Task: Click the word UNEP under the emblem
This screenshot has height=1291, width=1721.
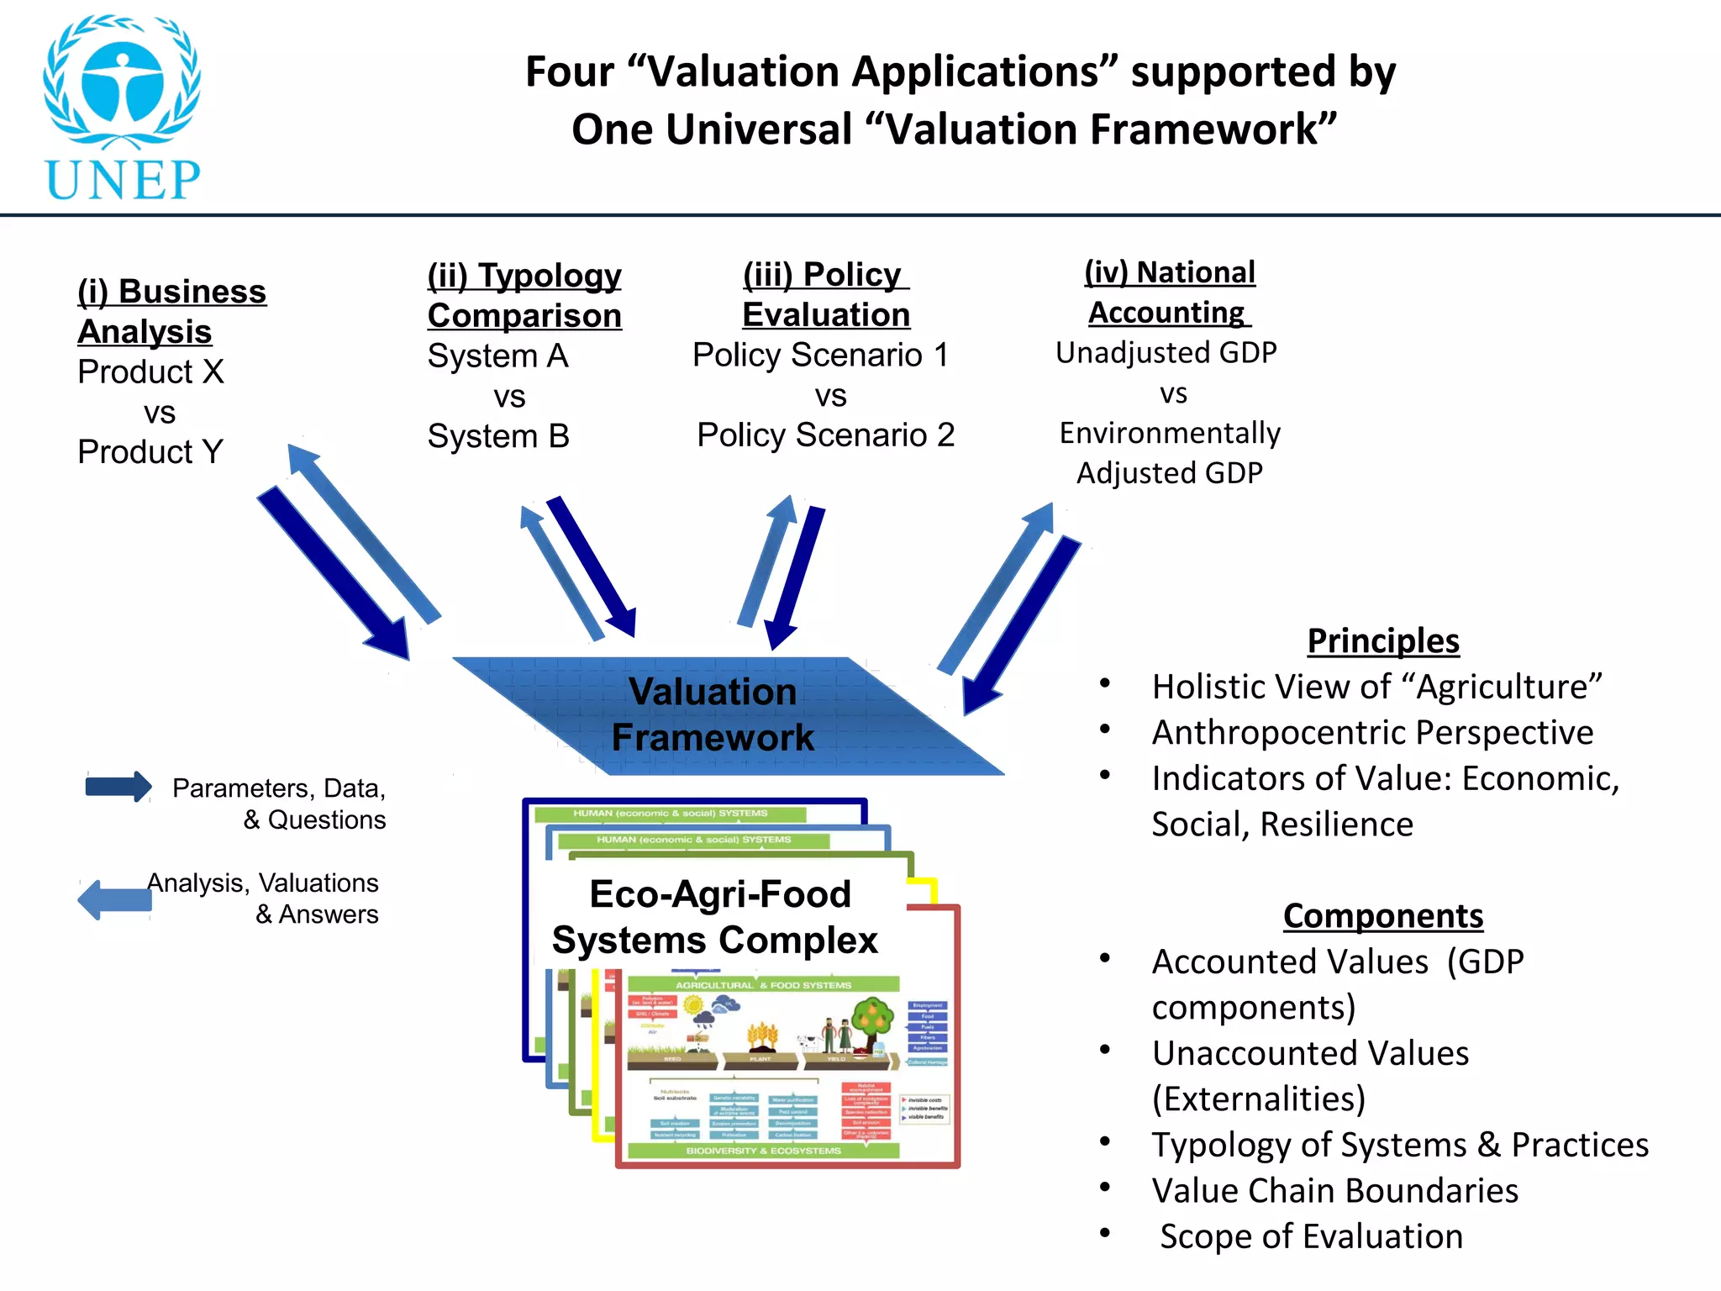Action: [x=123, y=179]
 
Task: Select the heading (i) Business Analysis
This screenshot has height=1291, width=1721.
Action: [x=171, y=311]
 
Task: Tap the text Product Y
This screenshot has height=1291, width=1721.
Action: [x=150, y=452]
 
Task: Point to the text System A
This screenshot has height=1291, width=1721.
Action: [x=498, y=356]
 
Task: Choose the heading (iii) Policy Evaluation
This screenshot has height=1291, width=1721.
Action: [x=826, y=294]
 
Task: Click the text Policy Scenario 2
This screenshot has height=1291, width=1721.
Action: [x=826, y=435]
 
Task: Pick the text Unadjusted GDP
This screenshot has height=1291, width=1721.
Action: [x=1166, y=353]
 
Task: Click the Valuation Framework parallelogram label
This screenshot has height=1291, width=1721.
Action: [x=713, y=714]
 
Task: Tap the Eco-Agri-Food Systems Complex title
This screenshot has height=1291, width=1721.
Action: [x=716, y=917]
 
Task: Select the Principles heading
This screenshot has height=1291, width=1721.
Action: [x=1383, y=640]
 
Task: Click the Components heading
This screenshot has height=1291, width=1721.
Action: [x=1383, y=915]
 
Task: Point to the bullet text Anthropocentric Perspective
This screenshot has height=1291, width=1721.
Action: [x=1372, y=732]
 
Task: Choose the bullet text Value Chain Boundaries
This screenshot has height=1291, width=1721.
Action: [x=1335, y=1190]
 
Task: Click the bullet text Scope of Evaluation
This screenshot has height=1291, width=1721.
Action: [x=1312, y=1236]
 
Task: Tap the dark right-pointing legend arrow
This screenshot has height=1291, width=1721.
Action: [x=118, y=787]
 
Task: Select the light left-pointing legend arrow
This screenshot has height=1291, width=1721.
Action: [x=115, y=900]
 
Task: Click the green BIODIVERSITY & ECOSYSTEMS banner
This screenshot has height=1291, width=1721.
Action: [x=763, y=1151]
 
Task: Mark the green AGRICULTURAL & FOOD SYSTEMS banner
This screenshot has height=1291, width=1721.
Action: [x=763, y=985]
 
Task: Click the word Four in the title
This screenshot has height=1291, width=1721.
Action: [x=569, y=71]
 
